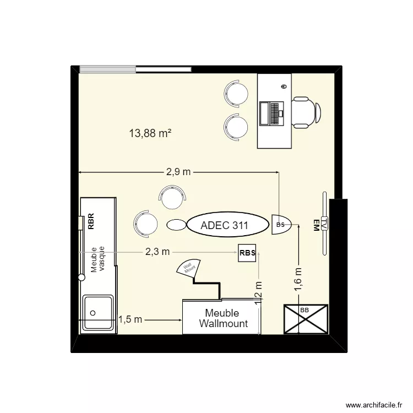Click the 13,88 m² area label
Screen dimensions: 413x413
point(150,133)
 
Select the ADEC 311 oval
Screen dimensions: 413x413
point(224,225)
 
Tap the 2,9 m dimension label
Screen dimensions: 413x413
point(178,172)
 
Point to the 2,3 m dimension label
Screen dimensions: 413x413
point(157,252)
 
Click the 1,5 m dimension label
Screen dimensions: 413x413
point(131,319)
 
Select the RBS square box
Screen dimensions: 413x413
point(247,253)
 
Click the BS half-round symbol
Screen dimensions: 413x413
point(281,225)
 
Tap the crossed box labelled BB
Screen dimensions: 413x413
point(305,319)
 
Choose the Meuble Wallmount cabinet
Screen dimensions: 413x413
point(223,318)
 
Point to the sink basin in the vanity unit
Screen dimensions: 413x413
point(98,313)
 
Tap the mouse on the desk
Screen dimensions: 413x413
point(284,86)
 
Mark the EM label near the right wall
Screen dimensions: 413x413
point(316,226)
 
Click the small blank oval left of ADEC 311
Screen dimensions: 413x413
point(176,225)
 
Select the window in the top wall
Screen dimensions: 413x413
point(135,69)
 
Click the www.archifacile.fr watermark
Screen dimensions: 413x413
point(367,404)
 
